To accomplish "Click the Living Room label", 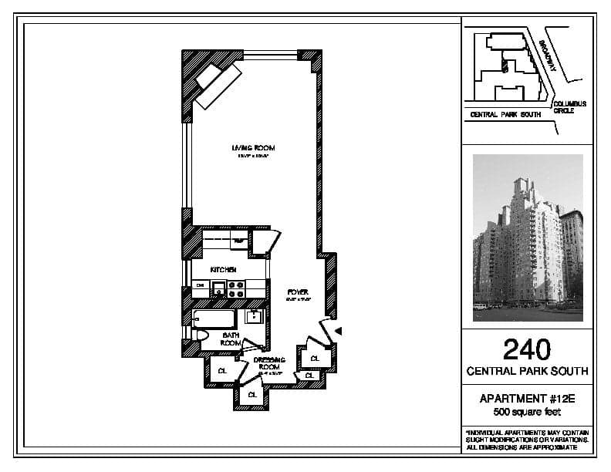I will click(x=253, y=147).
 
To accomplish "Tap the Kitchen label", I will click(x=224, y=269).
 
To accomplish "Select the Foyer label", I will click(x=298, y=292).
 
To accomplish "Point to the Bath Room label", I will click(x=231, y=339).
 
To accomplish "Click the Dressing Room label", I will click(x=268, y=362).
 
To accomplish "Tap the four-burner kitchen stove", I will click(x=236, y=289).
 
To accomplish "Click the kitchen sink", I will click(x=218, y=289).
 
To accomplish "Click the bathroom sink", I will click(x=252, y=316).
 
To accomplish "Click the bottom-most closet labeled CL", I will click(x=252, y=394).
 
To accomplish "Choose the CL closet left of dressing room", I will click(x=222, y=371).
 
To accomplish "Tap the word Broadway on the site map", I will click(x=549, y=56).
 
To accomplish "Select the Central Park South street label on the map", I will click(x=505, y=114).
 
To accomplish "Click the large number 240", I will click(x=527, y=349).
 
